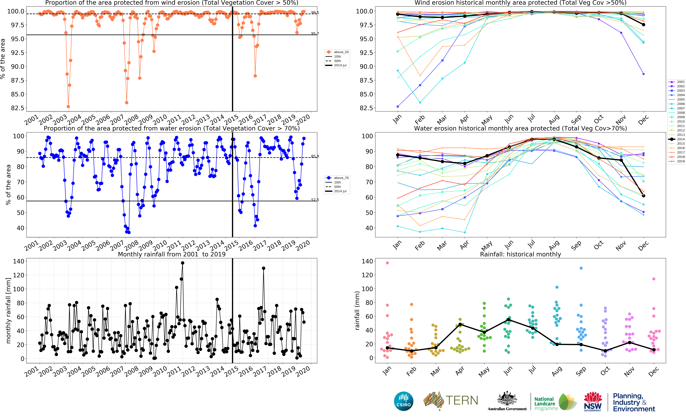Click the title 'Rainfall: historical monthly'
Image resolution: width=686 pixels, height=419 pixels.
tap(520, 254)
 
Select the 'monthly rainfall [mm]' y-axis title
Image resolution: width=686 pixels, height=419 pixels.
tap(8, 310)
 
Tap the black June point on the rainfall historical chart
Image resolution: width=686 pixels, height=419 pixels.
tap(508, 320)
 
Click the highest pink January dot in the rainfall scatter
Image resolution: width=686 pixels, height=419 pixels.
tap(387, 263)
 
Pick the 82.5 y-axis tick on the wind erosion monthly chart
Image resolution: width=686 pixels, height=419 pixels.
tap(366, 108)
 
